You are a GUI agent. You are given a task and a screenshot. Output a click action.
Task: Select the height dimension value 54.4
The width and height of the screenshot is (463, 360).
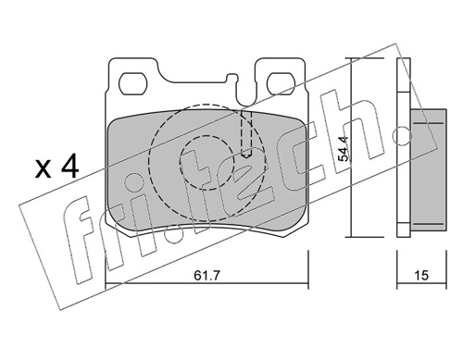344,148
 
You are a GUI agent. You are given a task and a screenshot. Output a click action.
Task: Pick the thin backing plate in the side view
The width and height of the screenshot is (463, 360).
403,148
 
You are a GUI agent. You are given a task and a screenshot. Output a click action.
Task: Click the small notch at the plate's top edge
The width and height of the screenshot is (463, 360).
246,102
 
